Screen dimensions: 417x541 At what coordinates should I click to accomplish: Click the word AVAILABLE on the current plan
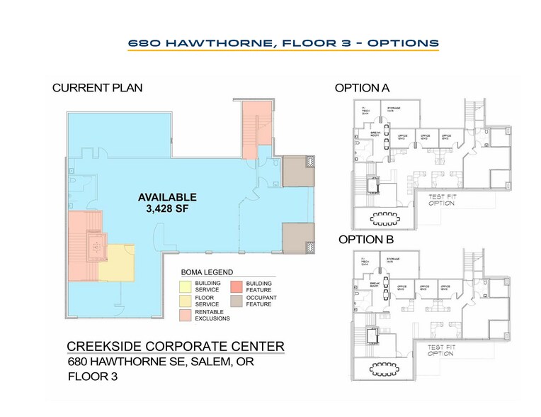coord(167,197)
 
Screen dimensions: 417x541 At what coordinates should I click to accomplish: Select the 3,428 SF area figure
coord(167,209)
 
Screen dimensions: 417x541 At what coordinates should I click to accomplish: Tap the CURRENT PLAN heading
coord(97,88)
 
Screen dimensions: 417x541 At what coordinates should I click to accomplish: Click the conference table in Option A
coord(386,216)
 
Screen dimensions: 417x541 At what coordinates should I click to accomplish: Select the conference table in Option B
coord(386,368)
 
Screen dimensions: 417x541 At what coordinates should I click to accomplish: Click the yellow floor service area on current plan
coord(116,263)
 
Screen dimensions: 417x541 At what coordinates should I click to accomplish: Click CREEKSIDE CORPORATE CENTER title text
coord(176,346)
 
